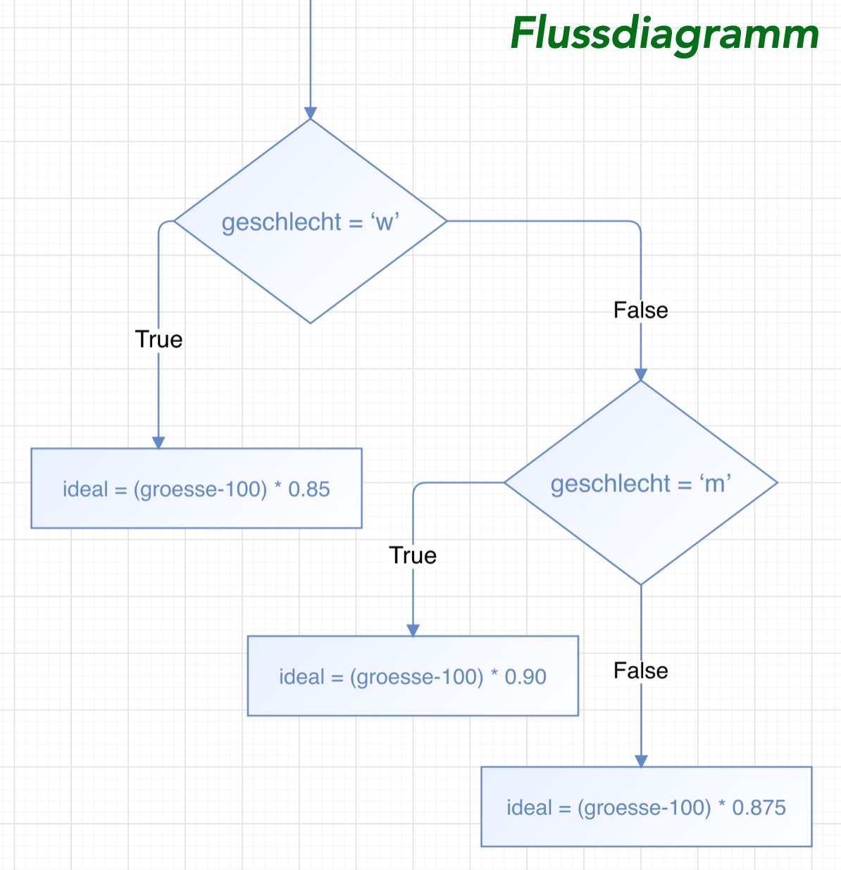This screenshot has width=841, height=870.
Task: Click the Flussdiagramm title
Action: pyautogui.click(x=664, y=33)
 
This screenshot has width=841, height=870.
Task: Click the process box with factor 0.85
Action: pyautogui.click(x=197, y=488)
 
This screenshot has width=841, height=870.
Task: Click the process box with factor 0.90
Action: pyautogui.click(x=413, y=676)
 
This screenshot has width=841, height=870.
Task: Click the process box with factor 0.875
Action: pyautogui.click(x=646, y=807)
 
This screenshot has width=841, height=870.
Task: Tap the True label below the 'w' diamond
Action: pyautogui.click(x=158, y=339)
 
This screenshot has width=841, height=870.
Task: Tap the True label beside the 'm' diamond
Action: pyautogui.click(x=413, y=555)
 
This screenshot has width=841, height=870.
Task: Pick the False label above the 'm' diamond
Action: pyautogui.click(x=640, y=310)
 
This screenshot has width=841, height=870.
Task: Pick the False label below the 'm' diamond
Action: pyautogui.click(x=640, y=670)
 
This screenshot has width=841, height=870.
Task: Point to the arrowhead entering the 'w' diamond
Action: pyautogui.click(x=310, y=113)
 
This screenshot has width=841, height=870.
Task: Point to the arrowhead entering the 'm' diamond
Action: pyautogui.click(x=640, y=374)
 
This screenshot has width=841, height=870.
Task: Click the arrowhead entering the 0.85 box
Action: pyautogui.click(x=158, y=442)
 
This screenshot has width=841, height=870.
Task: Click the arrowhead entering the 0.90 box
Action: pyautogui.click(x=413, y=630)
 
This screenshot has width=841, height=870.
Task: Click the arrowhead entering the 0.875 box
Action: pyautogui.click(x=641, y=761)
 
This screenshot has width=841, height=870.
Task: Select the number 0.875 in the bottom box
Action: pyautogui.click(x=759, y=807)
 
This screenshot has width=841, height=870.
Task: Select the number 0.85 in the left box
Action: pyautogui.click(x=309, y=489)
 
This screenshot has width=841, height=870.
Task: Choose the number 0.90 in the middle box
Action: pyautogui.click(x=525, y=677)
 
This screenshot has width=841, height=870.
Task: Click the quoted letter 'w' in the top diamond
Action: pyautogui.click(x=385, y=222)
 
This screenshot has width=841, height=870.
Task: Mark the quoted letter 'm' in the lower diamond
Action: pyautogui.click(x=715, y=484)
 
